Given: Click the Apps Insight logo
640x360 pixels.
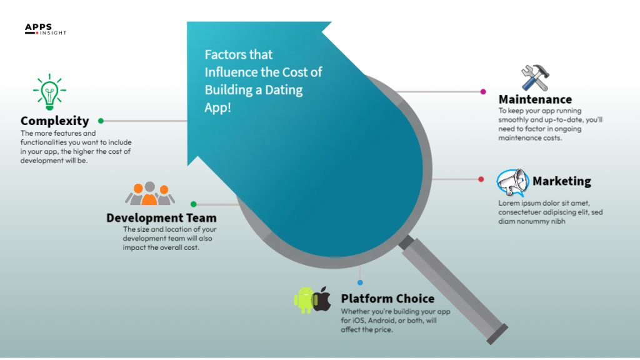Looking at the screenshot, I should [45, 29].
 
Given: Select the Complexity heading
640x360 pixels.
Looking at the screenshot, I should [55, 121].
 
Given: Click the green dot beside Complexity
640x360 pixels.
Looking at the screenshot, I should [101, 121].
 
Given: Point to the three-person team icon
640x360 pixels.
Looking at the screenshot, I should [149, 194].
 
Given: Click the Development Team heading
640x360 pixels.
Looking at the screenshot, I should [161, 218].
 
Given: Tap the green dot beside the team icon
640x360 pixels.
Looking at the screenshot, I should [193, 204].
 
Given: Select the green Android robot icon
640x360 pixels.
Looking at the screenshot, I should [304, 300].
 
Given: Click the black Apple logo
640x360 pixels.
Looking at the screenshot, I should [322, 299].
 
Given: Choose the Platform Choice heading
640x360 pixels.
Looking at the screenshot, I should [387, 299].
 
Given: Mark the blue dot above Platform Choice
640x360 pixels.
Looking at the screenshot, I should [360, 282].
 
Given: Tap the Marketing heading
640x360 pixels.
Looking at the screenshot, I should [561, 182].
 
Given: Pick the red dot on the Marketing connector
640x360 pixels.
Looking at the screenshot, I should [481, 179].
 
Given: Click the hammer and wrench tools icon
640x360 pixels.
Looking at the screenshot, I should [535, 77].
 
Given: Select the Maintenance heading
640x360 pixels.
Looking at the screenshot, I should [535, 99].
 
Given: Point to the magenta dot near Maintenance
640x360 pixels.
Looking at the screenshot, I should [483, 91].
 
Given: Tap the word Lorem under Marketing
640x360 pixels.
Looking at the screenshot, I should [509, 203].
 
